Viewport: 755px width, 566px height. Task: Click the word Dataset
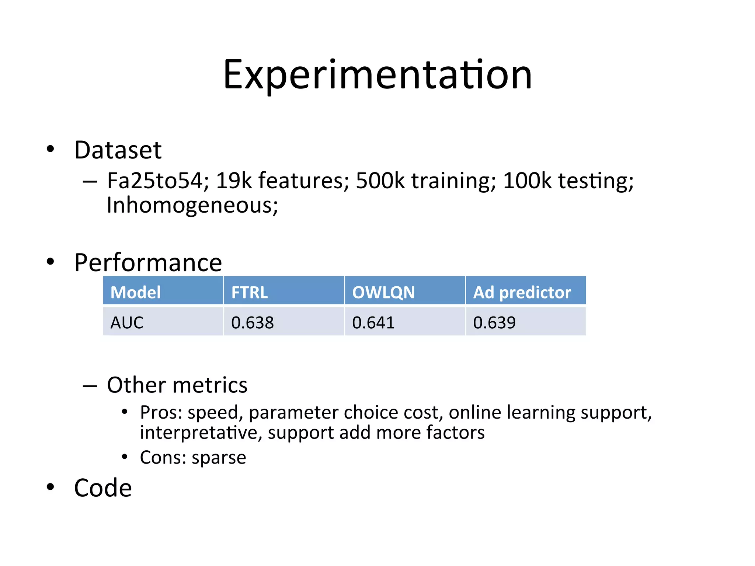[x=118, y=150]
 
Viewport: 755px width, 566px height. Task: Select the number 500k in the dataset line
[x=380, y=181]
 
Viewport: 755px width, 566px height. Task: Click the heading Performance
[x=148, y=263]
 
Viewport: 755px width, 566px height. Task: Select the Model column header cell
[x=163, y=292]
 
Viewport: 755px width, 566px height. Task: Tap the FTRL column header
[x=284, y=292]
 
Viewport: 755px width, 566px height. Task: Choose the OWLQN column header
[x=405, y=292]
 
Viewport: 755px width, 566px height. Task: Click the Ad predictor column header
[x=526, y=292]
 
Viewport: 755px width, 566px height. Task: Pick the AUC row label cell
[x=163, y=322]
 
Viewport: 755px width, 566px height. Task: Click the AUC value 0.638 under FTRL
[x=253, y=322]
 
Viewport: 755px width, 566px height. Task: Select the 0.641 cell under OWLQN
[x=373, y=322]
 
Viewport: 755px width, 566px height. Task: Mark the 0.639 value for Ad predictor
[x=494, y=322]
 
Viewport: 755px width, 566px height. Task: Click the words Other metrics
[x=177, y=385]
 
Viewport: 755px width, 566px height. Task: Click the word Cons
[x=163, y=458]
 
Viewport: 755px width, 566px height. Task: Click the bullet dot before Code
[x=51, y=487]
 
